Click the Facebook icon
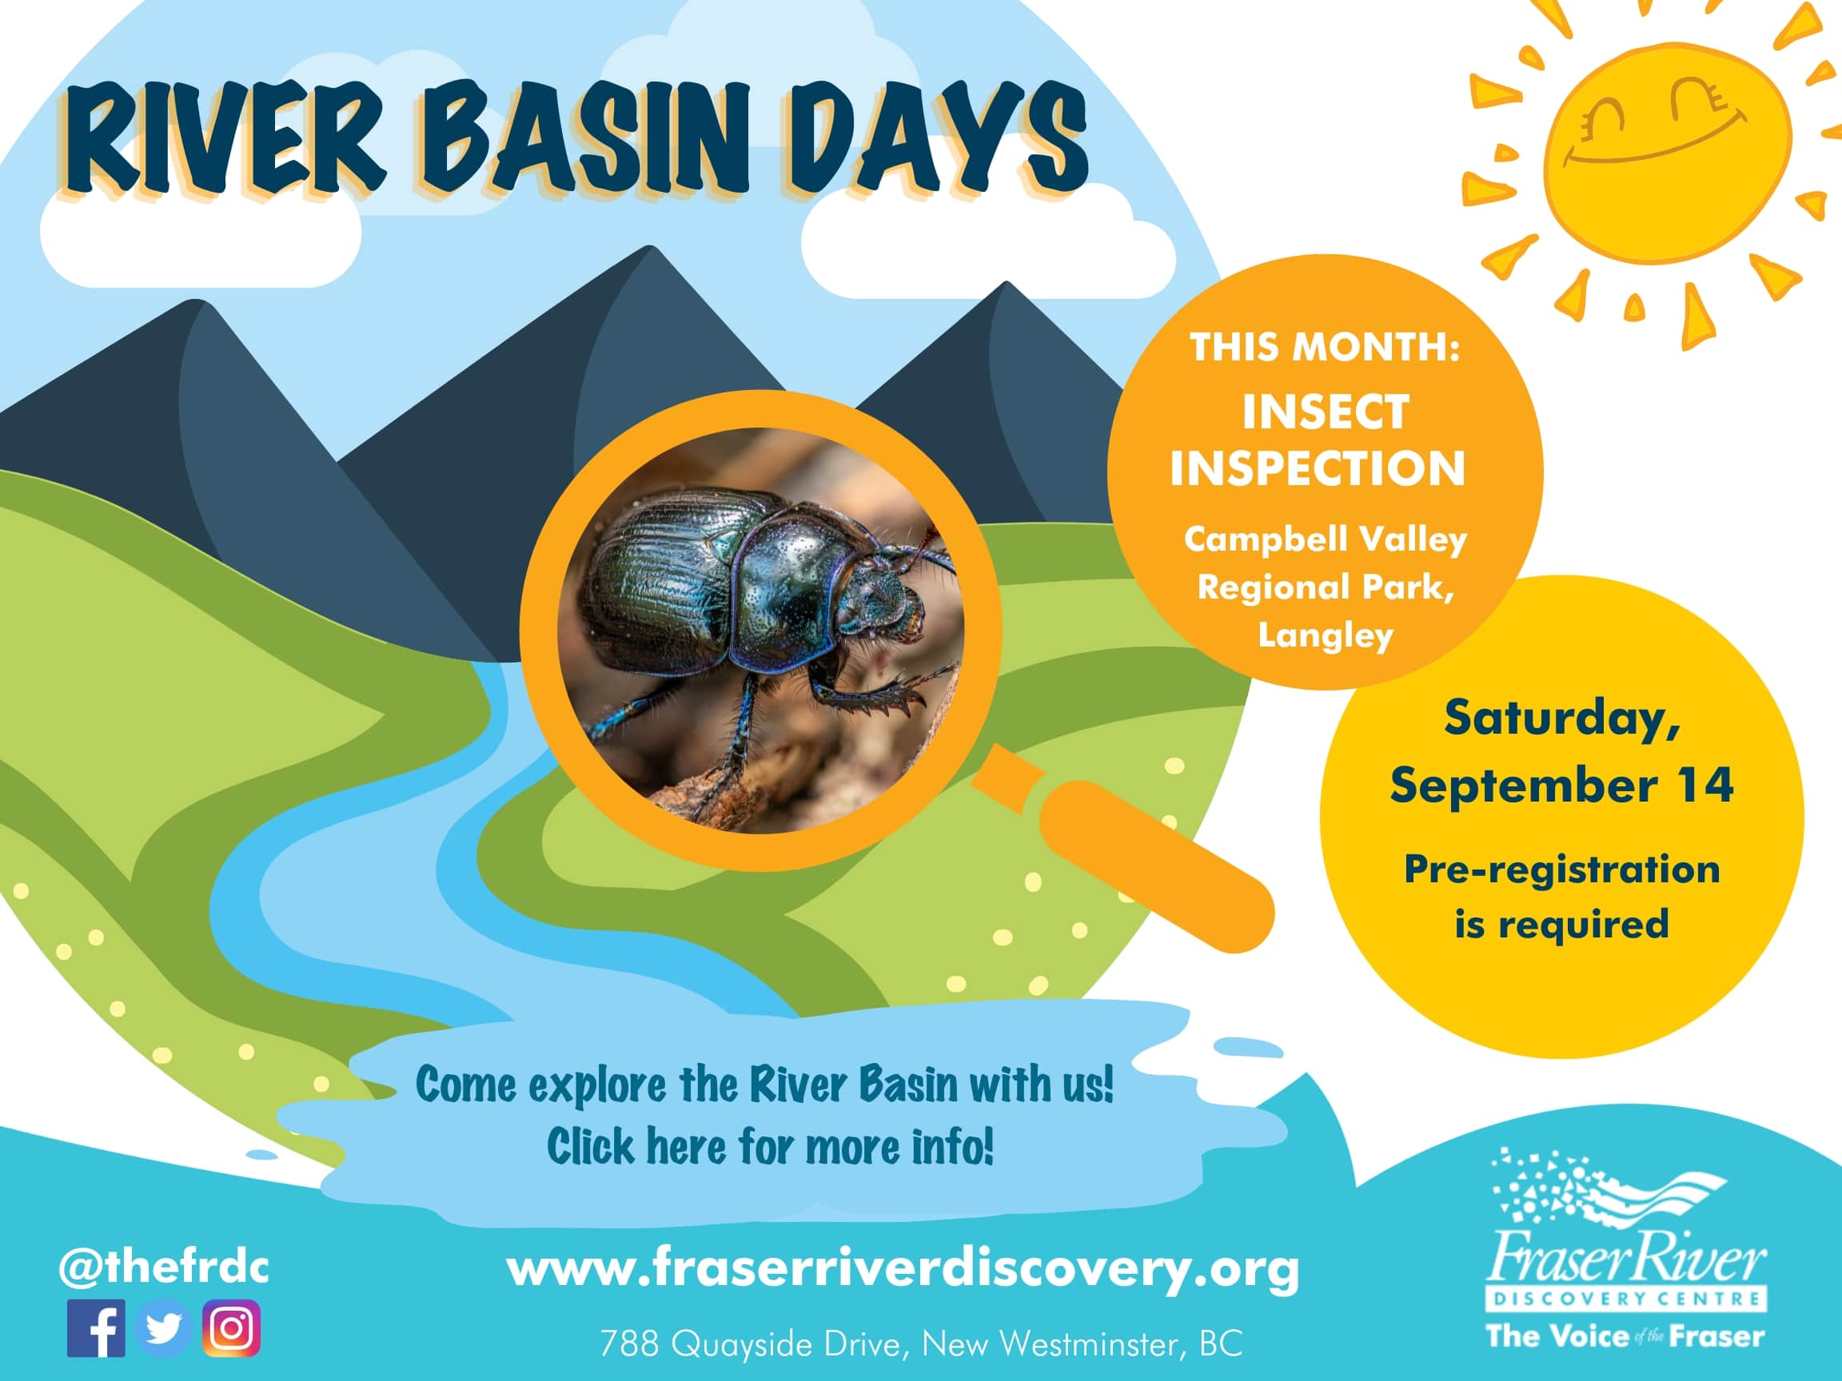pyautogui.click(x=96, y=1328)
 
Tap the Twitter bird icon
pyautogui.click(x=164, y=1328)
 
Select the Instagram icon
pyautogui.click(x=232, y=1328)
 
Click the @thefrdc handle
pyautogui.click(x=164, y=1268)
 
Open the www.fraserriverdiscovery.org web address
pyautogui.click(x=903, y=1268)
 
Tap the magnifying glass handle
pyautogui.click(x=1158, y=866)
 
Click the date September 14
pyautogui.click(x=1561, y=785)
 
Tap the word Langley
pyautogui.click(x=1325, y=636)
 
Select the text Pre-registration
pyautogui.click(x=1561, y=869)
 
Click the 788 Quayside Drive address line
pyautogui.click(x=921, y=1343)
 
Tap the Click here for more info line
pyautogui.click(x=770, y=1146)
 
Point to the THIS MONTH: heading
pyautogui.click(x=1324, y=347)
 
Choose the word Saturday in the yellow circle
pyautogui.click(x=1561, y=718)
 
